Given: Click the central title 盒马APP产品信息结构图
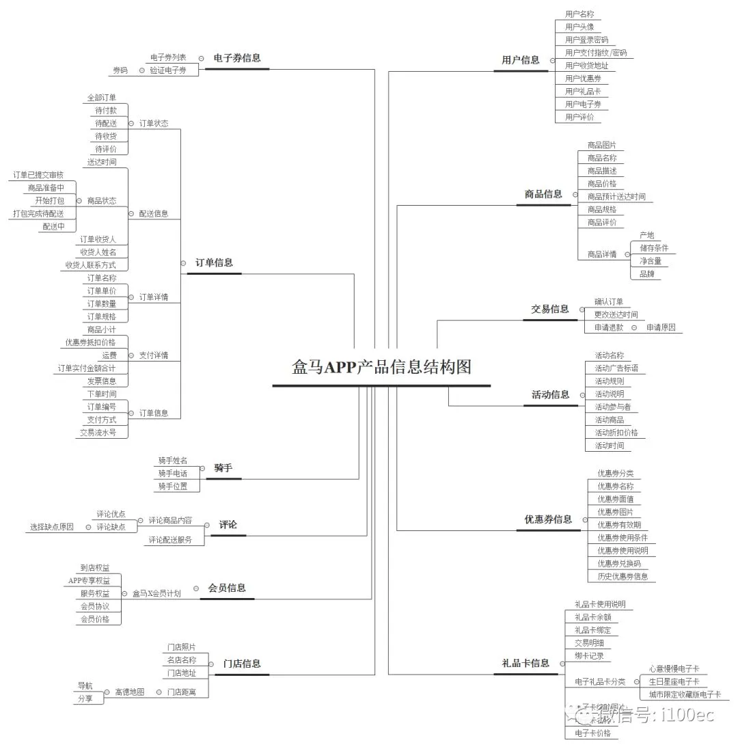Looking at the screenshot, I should tap(381, 367).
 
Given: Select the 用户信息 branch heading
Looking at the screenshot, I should tap(520, 60).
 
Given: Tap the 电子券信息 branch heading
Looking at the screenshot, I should tap(236, 58).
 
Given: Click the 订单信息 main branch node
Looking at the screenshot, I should tap(214, 262).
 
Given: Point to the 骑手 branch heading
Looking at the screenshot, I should tap(223, 467).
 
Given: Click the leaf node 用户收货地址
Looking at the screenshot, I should tap(586, 66).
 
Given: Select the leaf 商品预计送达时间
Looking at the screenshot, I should tap(616, 197).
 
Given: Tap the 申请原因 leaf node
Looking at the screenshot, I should tap(660, 327).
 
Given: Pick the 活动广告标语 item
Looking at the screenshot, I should tap(616, 368).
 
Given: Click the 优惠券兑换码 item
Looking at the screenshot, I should tap(619, 564).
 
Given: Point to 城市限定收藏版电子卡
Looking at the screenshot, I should tap(684, 694).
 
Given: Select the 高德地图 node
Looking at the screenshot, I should tap(129, 692).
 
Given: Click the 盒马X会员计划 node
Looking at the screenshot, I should tap(156, 594).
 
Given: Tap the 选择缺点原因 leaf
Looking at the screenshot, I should tap(51, 527).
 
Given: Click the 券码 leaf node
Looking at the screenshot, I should tap(120, 70).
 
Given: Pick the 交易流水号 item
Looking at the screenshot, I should tap(97, 433).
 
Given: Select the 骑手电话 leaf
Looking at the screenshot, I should tap(172, 473).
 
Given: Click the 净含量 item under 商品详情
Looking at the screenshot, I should tap(650, 261).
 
